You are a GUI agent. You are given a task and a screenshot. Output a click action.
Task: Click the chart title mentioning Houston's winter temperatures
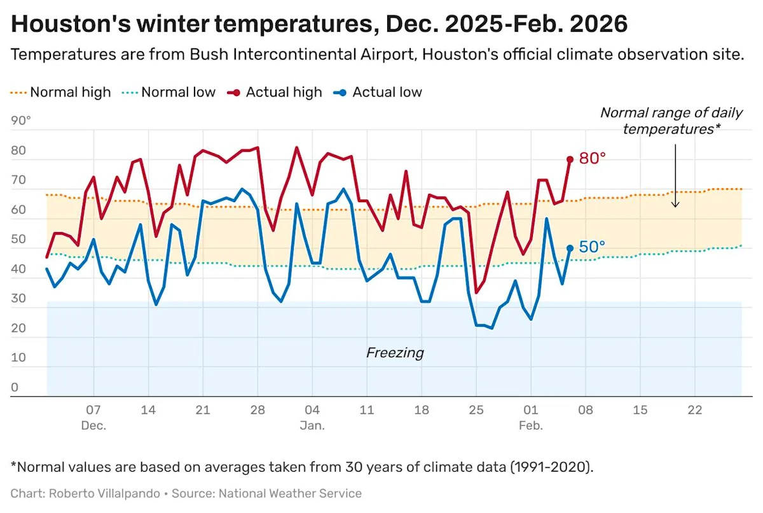point(319,24)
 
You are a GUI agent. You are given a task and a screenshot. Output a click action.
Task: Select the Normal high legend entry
point(70,92)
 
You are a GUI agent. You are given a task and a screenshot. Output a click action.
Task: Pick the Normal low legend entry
point(178,92)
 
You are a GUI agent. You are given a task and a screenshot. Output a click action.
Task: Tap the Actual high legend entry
point(284,92)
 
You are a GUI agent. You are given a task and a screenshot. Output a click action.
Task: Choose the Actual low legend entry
point(387,92)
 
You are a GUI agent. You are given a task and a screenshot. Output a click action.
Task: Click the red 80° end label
point(593,158)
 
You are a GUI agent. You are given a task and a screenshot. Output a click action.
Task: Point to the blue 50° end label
point(593,247)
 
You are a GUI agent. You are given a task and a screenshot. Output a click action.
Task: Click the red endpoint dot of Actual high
point(570,160)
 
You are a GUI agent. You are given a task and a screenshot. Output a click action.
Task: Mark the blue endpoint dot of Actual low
point(570,249)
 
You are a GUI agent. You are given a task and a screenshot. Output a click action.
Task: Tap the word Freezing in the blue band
point(395,353)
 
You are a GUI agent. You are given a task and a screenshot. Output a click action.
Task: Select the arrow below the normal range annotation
point(675,175)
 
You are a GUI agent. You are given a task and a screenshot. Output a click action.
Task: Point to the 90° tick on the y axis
point(21,121)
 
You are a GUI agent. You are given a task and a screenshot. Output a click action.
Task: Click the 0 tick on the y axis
point(15,388)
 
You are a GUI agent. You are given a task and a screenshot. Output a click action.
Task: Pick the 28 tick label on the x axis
point(257,410)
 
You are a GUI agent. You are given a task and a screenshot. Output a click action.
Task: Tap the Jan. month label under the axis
point(312,425)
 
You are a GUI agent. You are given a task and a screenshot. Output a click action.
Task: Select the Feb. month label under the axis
point(531,425)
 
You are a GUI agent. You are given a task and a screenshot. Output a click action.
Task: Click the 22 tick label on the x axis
point(695,410)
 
